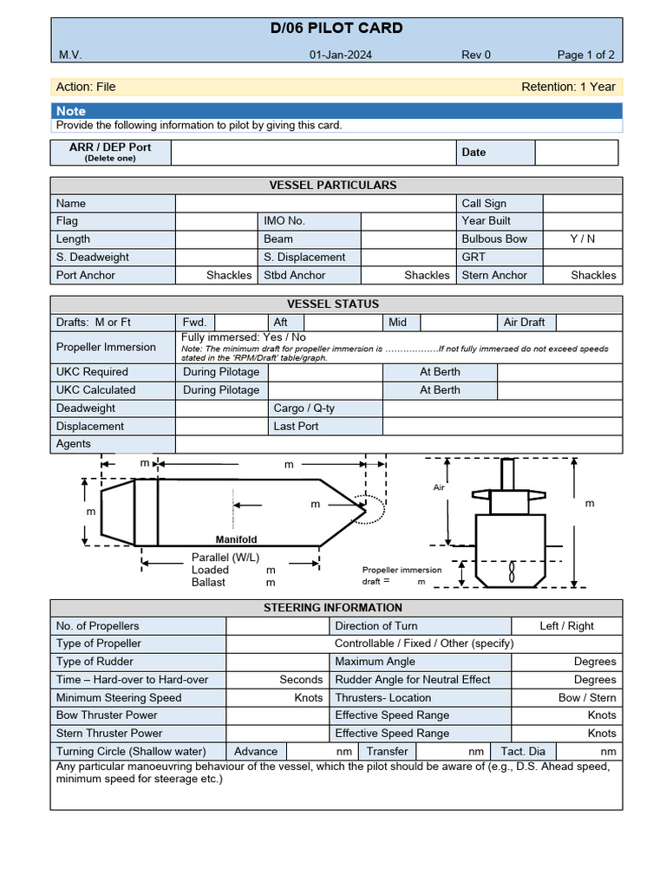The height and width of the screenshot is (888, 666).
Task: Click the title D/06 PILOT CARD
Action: [336, 28]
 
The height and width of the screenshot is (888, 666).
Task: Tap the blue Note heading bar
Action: [336, 111]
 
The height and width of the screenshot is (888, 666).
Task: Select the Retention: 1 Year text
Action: [568, 87]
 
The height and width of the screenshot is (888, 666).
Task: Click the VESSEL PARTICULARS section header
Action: [333, 185]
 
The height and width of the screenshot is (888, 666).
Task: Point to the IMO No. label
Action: [284, 221]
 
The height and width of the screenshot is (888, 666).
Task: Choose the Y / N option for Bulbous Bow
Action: [583, 238]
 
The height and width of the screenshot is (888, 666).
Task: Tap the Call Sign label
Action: [484, 203]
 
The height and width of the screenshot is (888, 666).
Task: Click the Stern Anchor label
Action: [494, 275]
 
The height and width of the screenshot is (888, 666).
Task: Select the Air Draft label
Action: [525, 322]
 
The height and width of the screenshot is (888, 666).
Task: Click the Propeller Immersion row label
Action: [106, 347]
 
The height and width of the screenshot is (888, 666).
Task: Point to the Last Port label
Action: [296, 426]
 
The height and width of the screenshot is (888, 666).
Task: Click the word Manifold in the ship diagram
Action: [236, 539]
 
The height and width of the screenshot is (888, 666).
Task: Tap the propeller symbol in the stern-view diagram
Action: [512, 571]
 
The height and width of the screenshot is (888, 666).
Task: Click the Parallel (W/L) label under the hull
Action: [225, 557]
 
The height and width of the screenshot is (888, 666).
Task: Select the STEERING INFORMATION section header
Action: [333, 607]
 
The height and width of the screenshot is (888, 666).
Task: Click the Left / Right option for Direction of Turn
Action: [567, 625]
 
